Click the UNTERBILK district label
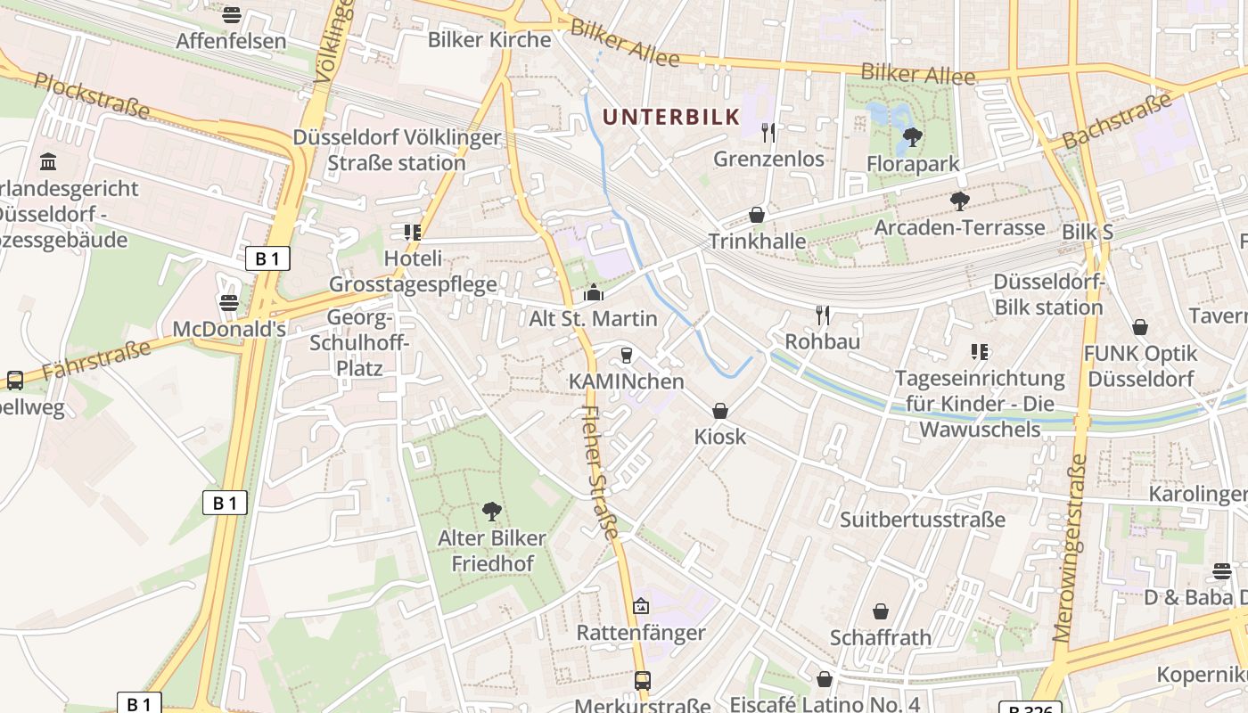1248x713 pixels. point(671,116)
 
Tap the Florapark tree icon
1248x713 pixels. point(912,137)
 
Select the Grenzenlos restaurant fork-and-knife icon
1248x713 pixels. point(768,133)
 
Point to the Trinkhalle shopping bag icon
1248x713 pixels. point(757,215)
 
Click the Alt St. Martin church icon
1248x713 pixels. point(593,292)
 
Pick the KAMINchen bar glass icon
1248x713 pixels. point(626,356)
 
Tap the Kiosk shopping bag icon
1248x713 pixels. point(719,411)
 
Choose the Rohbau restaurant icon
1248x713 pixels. point(822,315)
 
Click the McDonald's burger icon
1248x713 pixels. point(229,302)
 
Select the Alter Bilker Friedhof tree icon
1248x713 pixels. point(491,512)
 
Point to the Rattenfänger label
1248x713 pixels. point(641,633)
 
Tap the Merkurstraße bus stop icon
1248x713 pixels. point(642,681)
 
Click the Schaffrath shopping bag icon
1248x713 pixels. point(880,611)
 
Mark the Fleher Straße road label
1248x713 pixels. point(599,472)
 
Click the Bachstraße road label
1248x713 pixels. point(1117,121)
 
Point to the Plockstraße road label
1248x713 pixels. point(92,95)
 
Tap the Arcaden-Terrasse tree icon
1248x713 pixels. point(959,201)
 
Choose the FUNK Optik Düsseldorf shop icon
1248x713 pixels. point(1139,328)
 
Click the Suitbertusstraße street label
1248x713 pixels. point(923,520)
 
